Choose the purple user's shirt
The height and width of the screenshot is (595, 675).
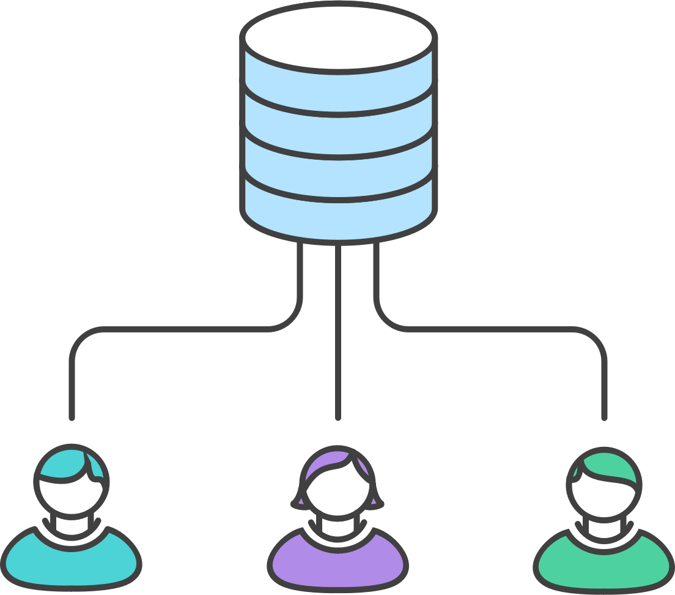click(x=337, y=560)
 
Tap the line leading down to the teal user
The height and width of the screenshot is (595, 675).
click(x=72, y=380)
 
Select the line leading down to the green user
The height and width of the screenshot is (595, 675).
click(x=604, y=380)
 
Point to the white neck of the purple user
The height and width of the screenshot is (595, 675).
click(x=337, y=528)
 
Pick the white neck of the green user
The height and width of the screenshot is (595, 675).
click(x=603, y=528)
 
